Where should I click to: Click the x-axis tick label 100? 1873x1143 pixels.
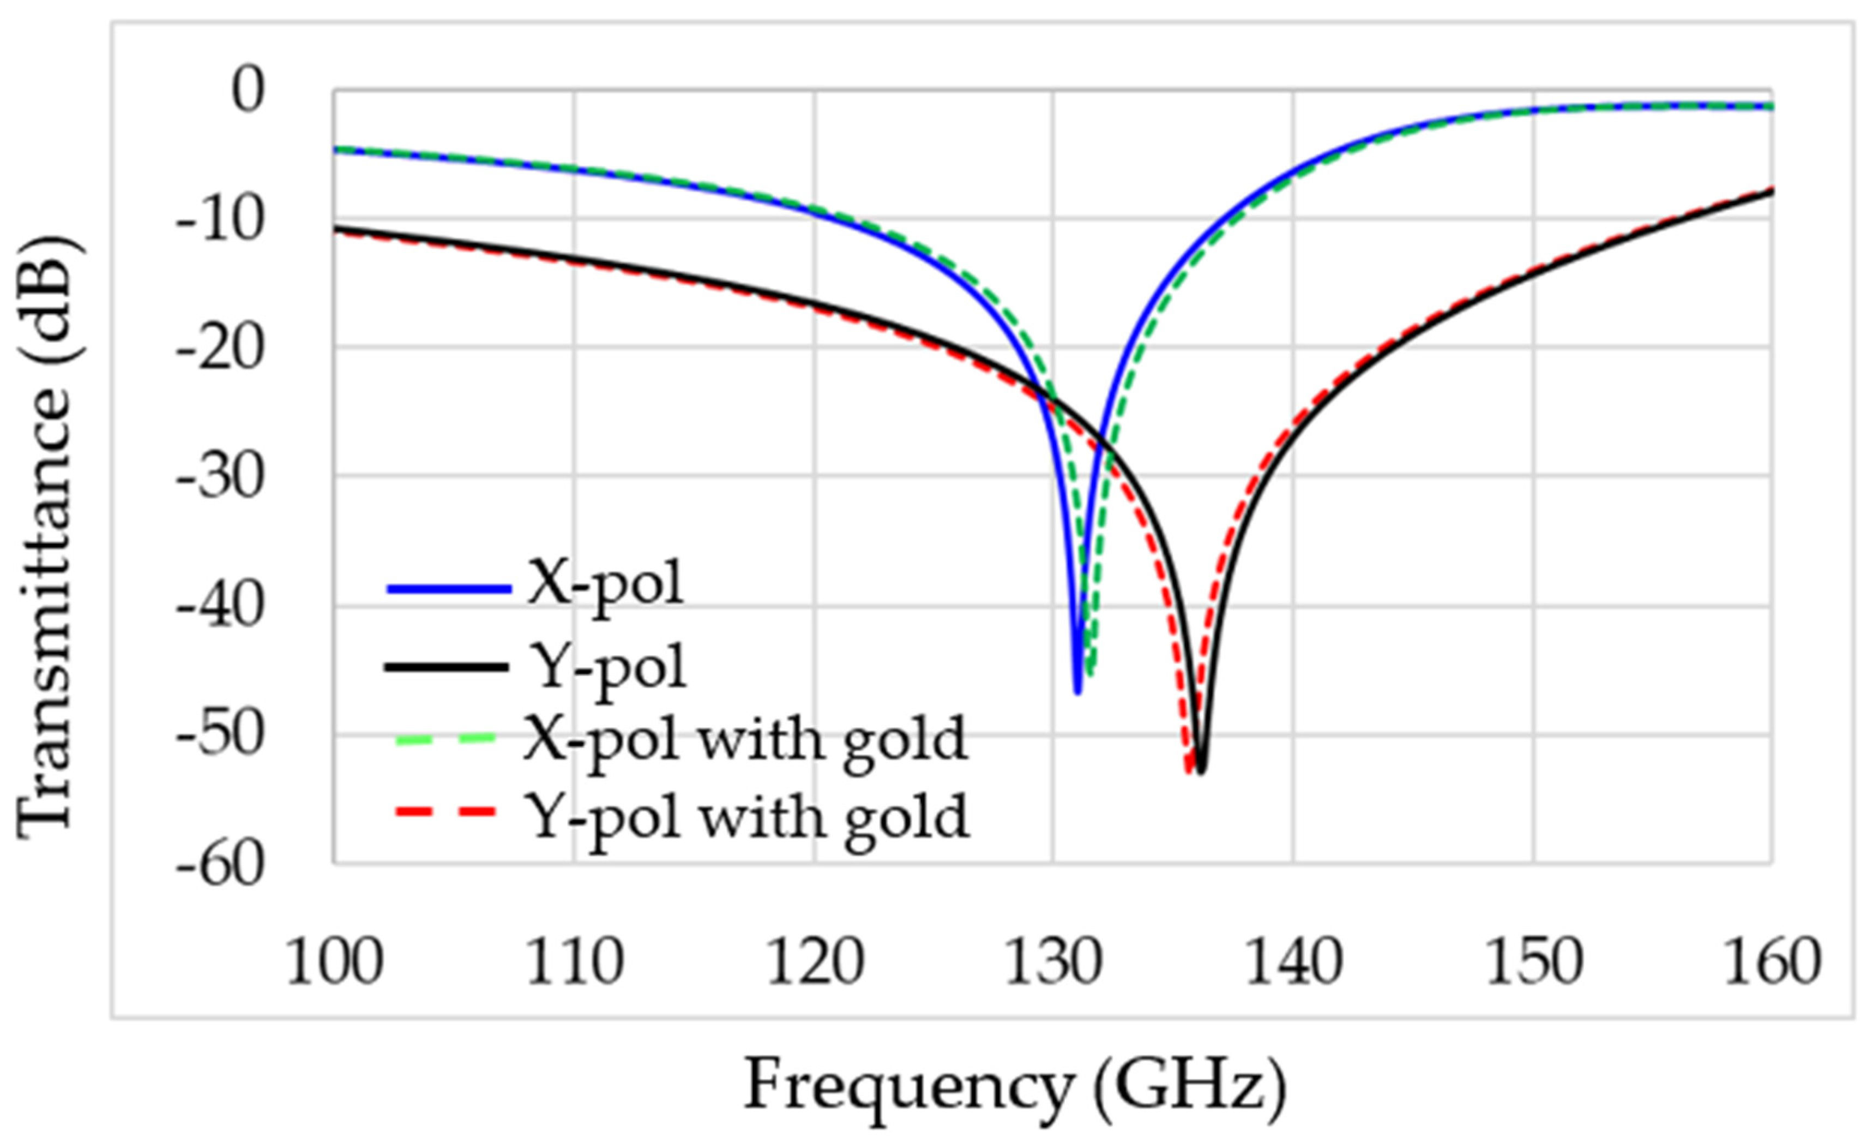coord(334,963)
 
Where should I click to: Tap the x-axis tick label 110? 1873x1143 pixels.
coord(574,963)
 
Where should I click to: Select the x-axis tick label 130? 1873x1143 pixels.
coord(1053,963)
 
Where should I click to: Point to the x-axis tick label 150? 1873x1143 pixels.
coord(1533,963)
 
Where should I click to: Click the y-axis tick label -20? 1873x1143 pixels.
coord(220,349)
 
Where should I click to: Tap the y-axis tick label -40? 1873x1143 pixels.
coord(220,608)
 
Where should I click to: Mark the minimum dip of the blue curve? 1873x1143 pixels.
coord(1077,691)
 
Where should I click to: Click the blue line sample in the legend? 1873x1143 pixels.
coord(449,588)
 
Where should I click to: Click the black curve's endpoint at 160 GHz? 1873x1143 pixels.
coord(1771,191)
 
